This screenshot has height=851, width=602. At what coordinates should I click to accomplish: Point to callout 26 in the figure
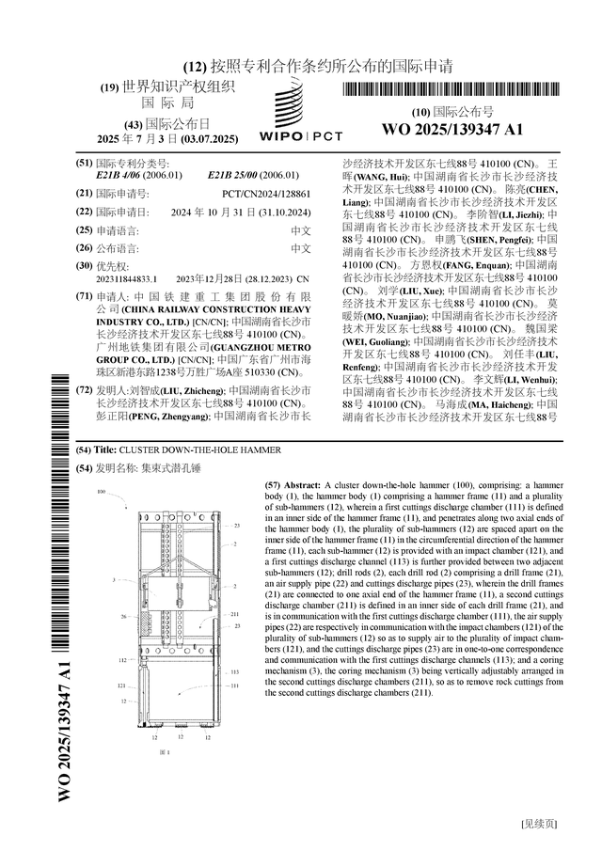click(x=123, y=617)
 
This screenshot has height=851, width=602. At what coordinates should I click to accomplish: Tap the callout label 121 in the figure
click(x=122, y=686)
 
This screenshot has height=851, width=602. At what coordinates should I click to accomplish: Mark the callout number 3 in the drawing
click(x=114, y=581)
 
